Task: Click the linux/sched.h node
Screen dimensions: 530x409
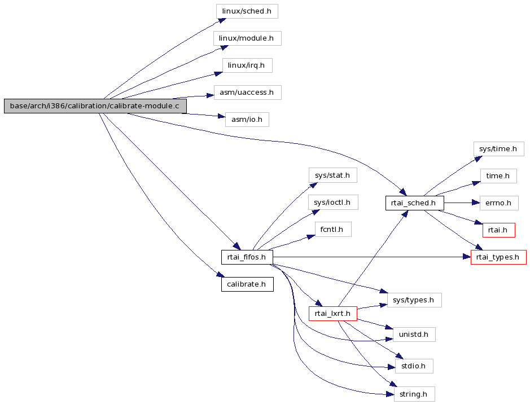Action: tap(247, 11)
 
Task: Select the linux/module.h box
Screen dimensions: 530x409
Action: tap(247, 38)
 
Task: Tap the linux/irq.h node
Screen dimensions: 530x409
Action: tap(247, 65)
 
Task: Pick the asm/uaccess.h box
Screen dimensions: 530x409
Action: tap(247, 92)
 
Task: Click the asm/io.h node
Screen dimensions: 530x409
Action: tap(247, 120)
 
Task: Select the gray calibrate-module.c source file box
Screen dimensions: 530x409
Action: tap(95, 106)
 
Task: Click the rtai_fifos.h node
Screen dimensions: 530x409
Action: tap(247, 257)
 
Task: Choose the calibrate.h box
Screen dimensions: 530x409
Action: tap(247, 284)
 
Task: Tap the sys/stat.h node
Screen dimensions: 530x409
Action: tap(332, 175)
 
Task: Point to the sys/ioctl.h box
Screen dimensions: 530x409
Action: tap(333, 203)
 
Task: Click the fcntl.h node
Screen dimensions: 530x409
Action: tap(333, 230)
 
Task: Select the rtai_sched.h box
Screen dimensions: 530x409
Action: tap(415, 203)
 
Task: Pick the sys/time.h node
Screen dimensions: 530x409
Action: tap(498, 149)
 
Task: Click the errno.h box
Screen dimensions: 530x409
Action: tap(499, 203)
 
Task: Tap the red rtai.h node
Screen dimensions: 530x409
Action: tap(499, 230)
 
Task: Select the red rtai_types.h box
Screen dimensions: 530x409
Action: tap(498, 257)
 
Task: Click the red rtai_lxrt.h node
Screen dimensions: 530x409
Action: tap(333, 314)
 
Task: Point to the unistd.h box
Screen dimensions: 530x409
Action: tap(414, 335)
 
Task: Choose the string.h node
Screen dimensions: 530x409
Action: tap(414, 394)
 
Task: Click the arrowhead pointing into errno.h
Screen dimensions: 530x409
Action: tap(476, 203)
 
